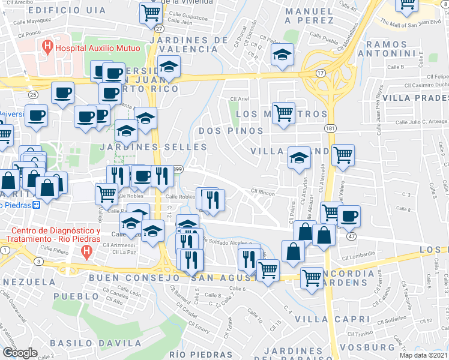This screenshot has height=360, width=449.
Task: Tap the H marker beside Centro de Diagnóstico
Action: [88, 253]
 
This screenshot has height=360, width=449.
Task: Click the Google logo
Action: [20, 352]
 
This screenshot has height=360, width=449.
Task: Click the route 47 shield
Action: [351, 236]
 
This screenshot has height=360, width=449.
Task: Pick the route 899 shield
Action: [178, 170]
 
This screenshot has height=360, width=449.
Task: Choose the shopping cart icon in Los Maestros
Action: [283, 112]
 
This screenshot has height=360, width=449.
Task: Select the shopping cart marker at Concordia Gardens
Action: [312, 278]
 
